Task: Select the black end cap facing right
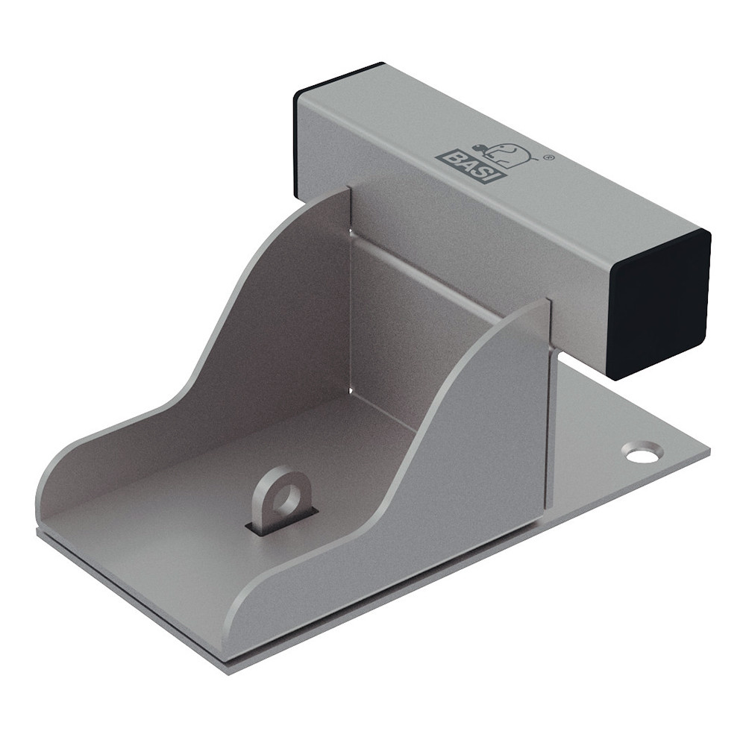[659, 305]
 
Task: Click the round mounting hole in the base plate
[642, 453]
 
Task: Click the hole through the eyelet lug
[286, 496]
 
